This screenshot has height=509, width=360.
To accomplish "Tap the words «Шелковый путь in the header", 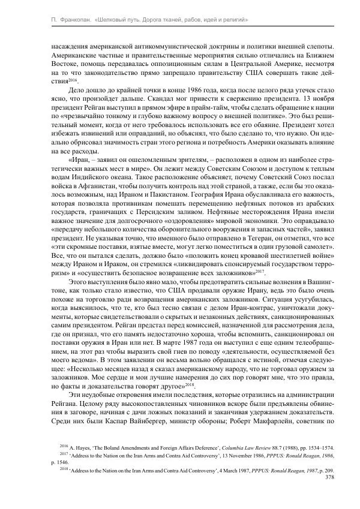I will (118, 20).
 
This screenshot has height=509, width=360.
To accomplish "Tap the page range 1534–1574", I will (320, 448).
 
